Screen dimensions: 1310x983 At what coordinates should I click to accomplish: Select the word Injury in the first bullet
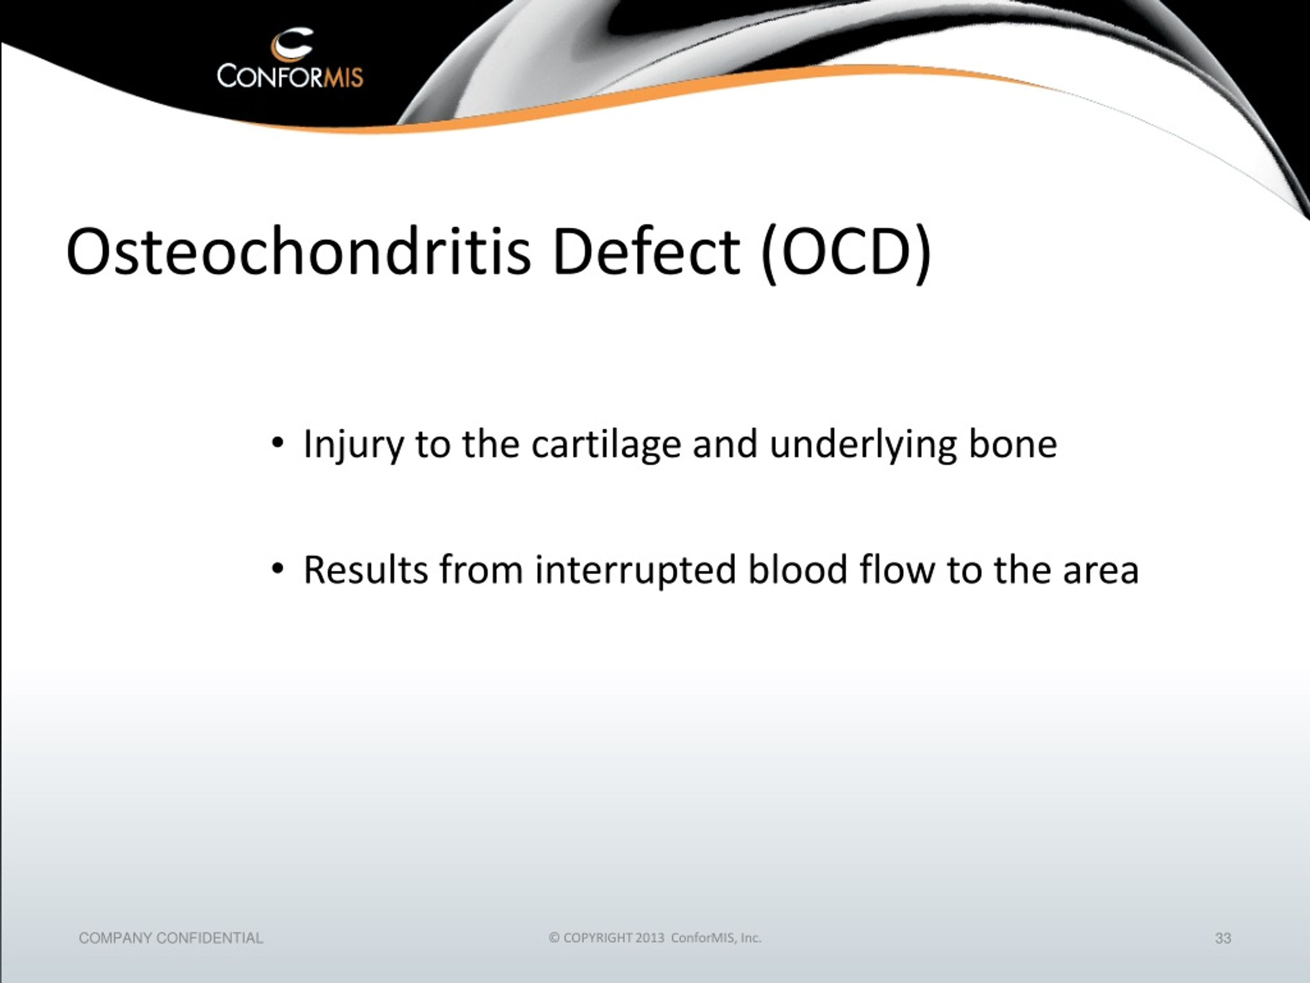[x=353, y=445]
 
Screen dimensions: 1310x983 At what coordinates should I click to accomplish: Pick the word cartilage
[x=606, y=445]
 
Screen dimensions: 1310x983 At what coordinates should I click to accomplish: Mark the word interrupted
[x=636, y=571]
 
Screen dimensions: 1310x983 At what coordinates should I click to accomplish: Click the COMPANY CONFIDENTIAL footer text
[x=170, y=938]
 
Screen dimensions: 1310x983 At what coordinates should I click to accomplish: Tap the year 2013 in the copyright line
[x=650, y=938]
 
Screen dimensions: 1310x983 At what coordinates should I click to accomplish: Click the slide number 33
[x=1223, y=938]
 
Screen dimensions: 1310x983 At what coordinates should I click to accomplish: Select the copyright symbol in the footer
[x=554, y=938]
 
